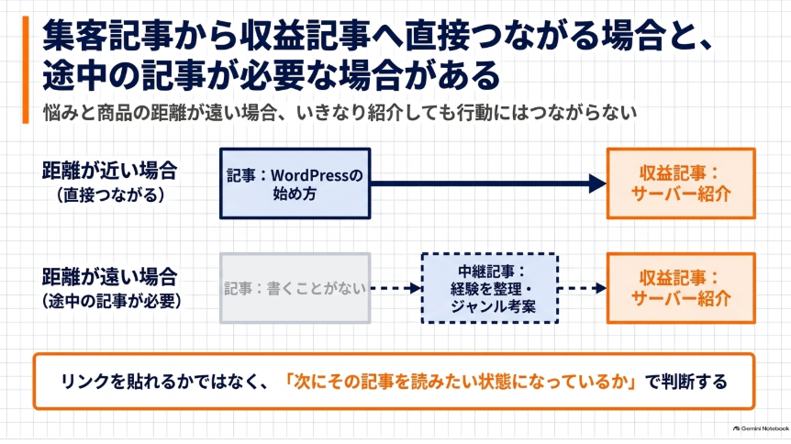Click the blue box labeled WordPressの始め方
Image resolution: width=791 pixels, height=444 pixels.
tap(295, 183)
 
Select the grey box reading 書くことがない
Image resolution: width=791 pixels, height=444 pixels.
tap(295, 288)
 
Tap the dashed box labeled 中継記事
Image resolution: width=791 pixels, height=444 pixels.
tap(490, 288)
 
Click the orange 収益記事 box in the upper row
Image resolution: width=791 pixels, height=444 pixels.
tap(681, 183)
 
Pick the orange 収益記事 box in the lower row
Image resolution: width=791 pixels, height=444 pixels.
tap(681, 288)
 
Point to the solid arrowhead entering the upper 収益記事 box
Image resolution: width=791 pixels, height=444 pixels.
tap(597, 183)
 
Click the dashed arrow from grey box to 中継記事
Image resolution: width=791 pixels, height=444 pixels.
tap(396, 288)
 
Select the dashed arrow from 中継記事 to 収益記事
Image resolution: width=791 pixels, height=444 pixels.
tap(583, 288)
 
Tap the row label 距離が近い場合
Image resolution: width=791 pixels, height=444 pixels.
tap(109, 171)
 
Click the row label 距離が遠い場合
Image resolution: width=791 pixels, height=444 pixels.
tap(109, 276)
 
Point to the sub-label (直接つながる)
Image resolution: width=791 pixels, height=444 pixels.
tap(110, 194)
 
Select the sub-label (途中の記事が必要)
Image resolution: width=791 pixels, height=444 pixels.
tap(111, 301)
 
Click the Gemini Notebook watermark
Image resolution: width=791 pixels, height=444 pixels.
tap(761, 428)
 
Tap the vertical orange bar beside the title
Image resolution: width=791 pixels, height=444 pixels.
tap(25, 70)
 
